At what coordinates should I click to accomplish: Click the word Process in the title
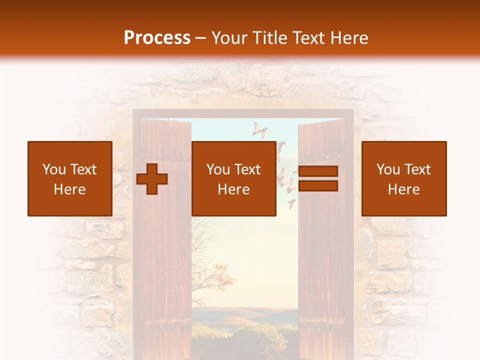pyautogui.click(x=157, y=38)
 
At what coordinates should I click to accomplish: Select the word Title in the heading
pyautogui.click(x=270, y=38)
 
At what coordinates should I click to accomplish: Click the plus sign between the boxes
pyautogui.click(x=152, y=178)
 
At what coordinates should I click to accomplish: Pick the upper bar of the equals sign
pyautogui.click(x=318, y=171)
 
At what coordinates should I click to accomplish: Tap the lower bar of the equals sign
pyautogui.click(x=318, y=185)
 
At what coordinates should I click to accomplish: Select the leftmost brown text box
pyautogui.click(x=69, y=178)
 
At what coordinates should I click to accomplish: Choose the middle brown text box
pyautogui.click(x=233, y=178)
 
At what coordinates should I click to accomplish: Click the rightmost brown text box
pyautogui.click(x=403, y=178)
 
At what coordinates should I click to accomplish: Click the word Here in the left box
pyautogui.click(x=69, y=189)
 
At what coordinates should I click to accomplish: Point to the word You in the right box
pyautogui.click(x=388, y=169)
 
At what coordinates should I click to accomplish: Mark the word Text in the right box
pyautogui.click(x=417, y=169)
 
